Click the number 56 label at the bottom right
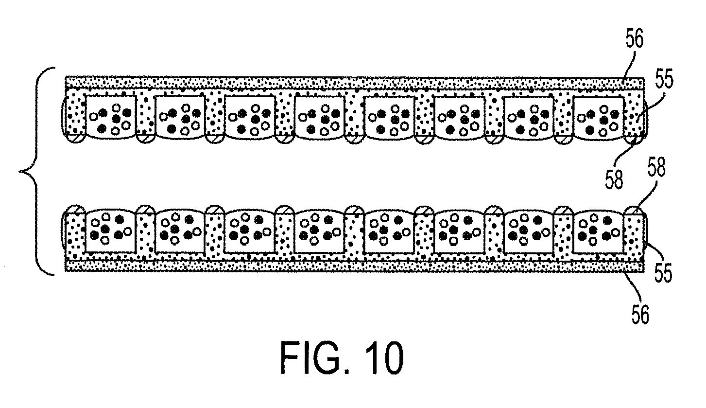[640, 314]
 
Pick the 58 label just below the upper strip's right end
[614, 179]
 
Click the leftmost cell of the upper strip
[111, 117]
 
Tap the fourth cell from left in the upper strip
[320, 117]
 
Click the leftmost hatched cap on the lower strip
[75, 210]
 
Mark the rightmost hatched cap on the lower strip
[634, 210]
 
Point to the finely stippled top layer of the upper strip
[355, 83]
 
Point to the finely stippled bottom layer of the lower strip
[355, 266]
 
